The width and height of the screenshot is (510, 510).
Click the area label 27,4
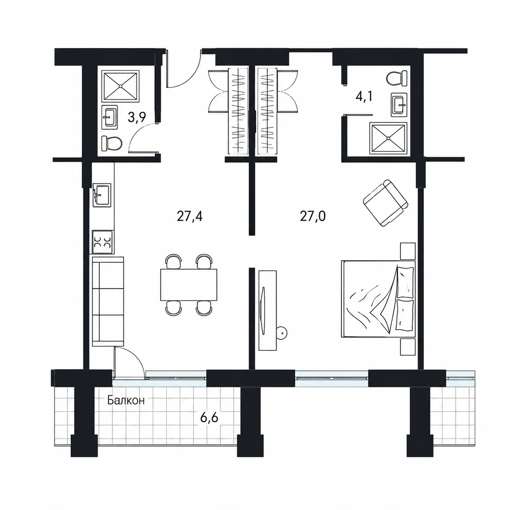coord(190,216)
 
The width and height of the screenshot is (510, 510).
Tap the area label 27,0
coord(313,216)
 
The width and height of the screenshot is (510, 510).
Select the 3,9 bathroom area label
coord(137,117)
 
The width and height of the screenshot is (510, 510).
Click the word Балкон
coord(126,401)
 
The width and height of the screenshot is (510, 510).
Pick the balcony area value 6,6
coord(209,418)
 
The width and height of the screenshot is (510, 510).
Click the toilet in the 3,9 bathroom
coord(111,144)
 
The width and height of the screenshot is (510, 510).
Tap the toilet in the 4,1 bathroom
coord(397,78)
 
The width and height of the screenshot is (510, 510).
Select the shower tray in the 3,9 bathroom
coord(120,86)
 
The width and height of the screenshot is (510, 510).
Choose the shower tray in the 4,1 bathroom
coord(388,138)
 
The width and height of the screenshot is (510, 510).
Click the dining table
coord(189,285)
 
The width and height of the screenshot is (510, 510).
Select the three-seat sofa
coord(108,301)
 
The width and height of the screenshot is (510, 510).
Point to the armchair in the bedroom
coord(386,203)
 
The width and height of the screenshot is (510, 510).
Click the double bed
coord(378,299)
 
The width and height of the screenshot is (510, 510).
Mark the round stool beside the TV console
coord(281,333)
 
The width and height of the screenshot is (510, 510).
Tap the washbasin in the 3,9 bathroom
coord(109,117)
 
